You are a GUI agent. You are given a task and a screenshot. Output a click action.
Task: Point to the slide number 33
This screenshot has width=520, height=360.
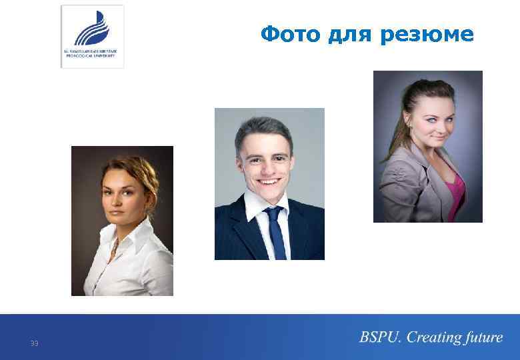tap(34, 343)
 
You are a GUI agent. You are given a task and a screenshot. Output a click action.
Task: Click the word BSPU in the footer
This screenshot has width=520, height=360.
tap(379, 337)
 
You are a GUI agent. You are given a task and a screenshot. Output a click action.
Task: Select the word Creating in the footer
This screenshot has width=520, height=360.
tap(434, 337)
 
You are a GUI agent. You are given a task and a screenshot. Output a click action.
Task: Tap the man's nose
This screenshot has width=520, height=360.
tap(268, 165)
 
